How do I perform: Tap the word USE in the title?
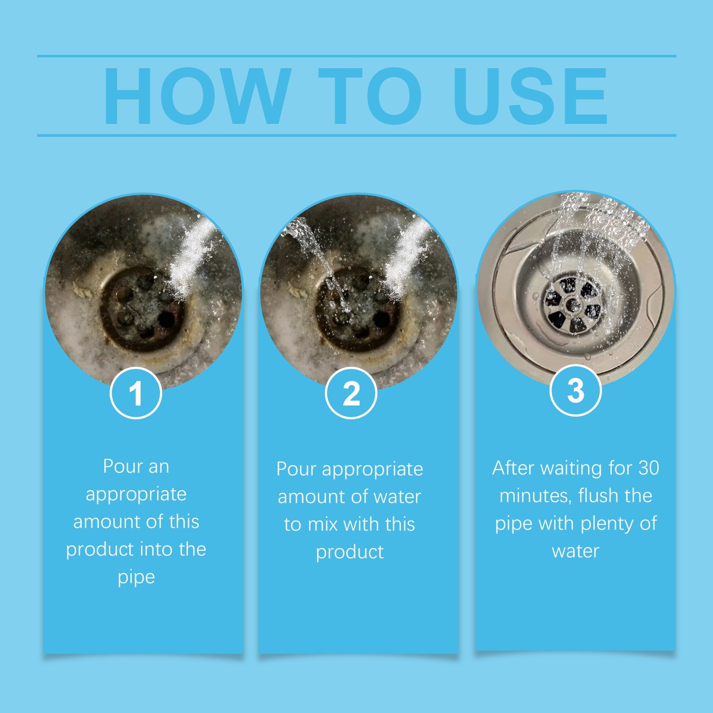[530, 96]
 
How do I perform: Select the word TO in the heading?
[370, 96]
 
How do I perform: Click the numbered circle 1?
[135, 393]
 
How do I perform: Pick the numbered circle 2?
[351, 393]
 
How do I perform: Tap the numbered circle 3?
[576, 390]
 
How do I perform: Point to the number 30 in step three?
[648, 468]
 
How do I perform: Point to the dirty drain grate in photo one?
[142, 307]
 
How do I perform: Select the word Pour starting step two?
[296, 469]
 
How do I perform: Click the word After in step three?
[513, 468]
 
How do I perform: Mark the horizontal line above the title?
[356, 56]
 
